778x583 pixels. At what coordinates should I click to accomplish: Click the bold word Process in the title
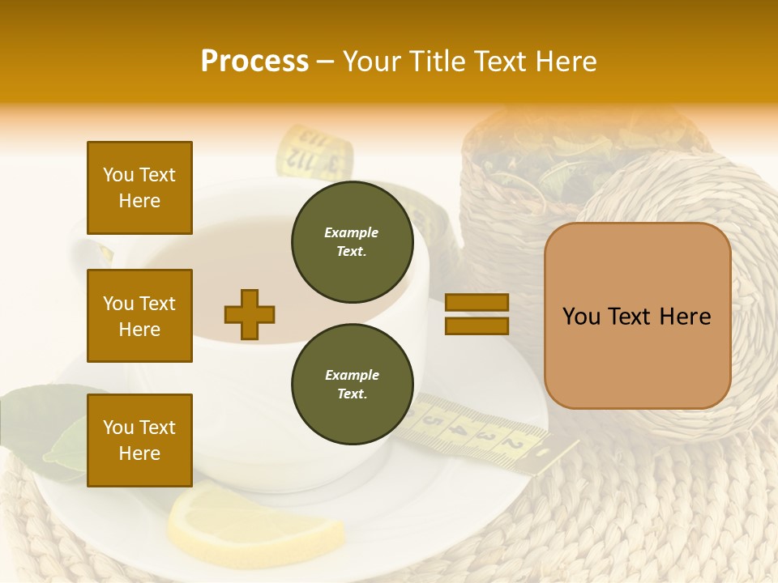pos(254,62)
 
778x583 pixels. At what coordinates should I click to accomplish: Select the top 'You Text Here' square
pos(139,188)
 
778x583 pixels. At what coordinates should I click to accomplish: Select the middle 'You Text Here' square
pos(139,316)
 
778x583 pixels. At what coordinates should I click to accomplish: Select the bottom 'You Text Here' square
pos(139,440)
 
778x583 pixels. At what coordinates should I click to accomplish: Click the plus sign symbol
pos(250,314)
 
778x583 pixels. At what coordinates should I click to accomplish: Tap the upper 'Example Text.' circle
pos(352,242)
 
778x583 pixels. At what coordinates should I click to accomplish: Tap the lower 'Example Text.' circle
pos(352,385)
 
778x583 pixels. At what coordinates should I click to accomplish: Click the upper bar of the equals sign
pos(477,302)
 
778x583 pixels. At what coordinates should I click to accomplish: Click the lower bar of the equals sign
pos(477,326)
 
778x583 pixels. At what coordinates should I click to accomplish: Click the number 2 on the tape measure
pos(511,443)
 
